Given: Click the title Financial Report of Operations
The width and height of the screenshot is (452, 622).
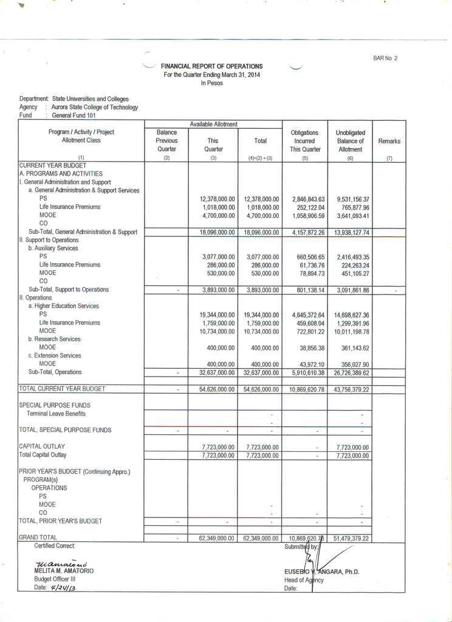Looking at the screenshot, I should coord(211,66).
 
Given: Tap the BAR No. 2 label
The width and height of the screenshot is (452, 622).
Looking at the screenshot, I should coord(385,58).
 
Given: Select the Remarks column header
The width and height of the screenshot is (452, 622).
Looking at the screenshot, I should coord(389,141).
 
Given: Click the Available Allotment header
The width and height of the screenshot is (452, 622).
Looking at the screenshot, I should coord(213,124).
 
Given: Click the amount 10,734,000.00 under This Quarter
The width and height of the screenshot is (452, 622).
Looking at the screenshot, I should coord(213,331).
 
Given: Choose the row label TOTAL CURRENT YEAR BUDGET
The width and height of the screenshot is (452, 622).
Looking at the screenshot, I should coord(62,389).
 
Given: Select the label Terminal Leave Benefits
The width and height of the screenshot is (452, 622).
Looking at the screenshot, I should coord(56,414).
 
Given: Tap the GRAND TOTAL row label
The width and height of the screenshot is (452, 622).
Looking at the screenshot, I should coord(38,538).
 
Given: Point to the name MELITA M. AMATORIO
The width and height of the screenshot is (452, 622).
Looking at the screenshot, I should coord(64,571).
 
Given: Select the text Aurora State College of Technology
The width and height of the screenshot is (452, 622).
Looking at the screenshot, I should coord(95,107).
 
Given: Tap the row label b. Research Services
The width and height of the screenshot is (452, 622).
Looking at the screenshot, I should coord(54,339).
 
